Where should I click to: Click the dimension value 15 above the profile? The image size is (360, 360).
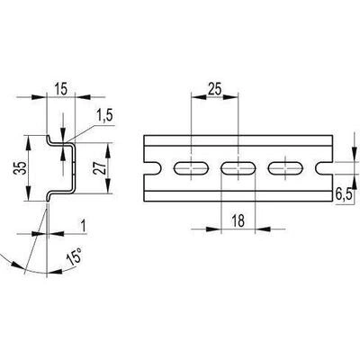pyautogui.click(x=61, y=89)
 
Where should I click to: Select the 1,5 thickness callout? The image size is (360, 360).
pyautogui.click(x=105, y=116)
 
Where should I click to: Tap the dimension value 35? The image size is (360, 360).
pyautogui.click(x=21, y=168)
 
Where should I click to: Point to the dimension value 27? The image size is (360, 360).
pyautogui.click(x=99, y=168)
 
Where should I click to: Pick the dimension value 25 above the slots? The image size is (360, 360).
pyautogui.click(x=214, y=89)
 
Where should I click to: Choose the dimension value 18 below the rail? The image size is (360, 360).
pyautogui.click(x=238, y=220)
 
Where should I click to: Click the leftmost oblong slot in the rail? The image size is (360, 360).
pyautogui.click(x=192, y=168)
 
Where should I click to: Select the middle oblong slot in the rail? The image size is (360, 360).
pyautogui.click(x=238, y=168)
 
